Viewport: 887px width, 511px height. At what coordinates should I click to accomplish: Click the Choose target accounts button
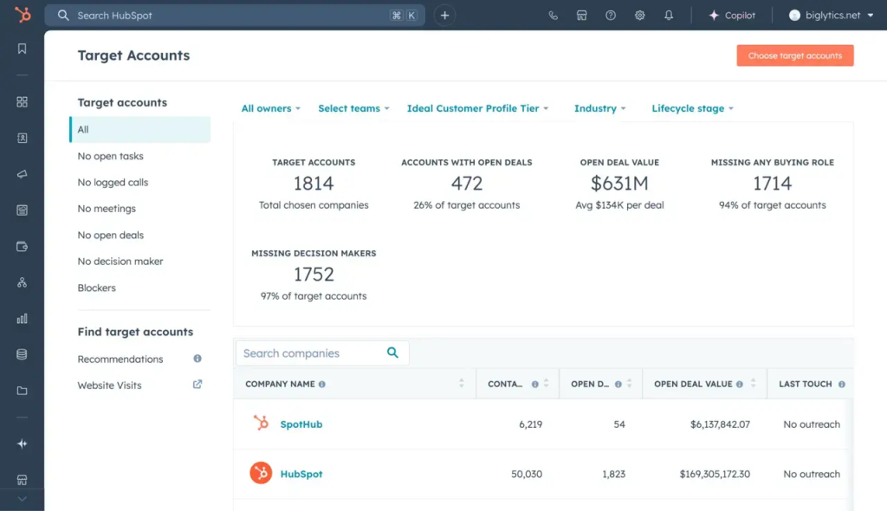point(794,55)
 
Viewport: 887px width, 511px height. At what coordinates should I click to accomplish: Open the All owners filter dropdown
point(270,108)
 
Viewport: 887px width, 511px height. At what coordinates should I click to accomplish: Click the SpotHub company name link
point(301,424)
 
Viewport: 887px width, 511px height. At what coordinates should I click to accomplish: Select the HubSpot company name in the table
point(301,474)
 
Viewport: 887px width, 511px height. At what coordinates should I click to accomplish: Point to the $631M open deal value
point(619,184)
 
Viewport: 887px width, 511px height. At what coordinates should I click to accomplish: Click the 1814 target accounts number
point(314,184)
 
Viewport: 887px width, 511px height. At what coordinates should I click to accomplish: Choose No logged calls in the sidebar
point(113,183)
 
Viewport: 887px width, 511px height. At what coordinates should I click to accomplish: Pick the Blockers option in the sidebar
point(96,288)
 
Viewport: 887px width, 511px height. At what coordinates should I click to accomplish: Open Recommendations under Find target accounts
point(120,359)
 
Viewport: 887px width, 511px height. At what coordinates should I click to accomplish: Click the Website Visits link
point(109,385)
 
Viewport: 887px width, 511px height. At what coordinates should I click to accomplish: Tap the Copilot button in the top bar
point(732,16)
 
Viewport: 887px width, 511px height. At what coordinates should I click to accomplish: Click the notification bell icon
point(669,16)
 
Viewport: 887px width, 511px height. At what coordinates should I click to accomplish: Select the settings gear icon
point(639,16)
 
